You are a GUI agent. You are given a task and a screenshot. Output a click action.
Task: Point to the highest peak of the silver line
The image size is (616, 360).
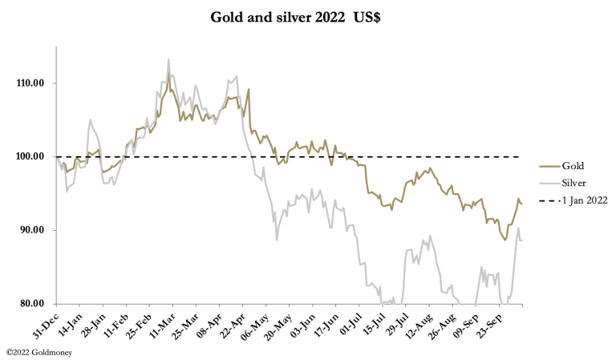pyautogui.click(x=168, y=59)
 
